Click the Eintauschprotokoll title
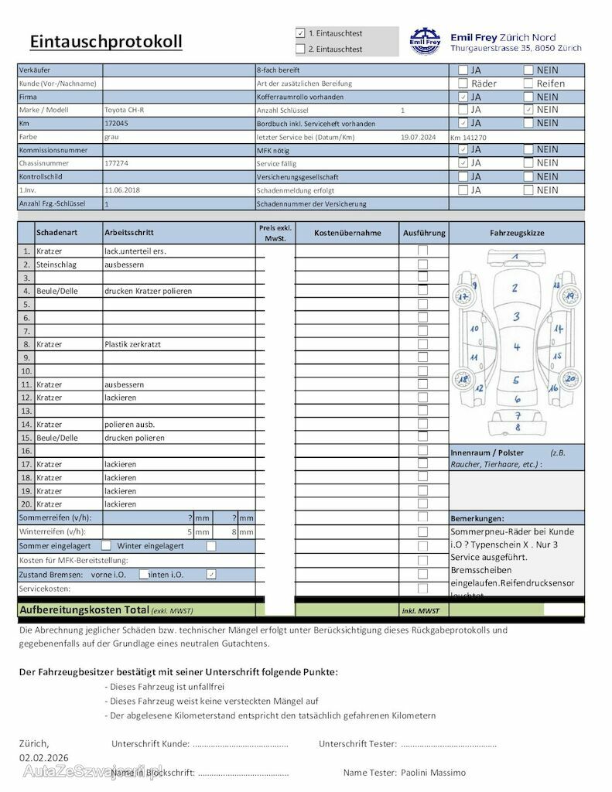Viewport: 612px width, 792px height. pos(106,41)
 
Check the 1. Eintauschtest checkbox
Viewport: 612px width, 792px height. pos(300,33)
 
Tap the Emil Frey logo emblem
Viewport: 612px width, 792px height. pos(424,40)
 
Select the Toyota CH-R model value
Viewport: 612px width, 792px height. pos(124,110)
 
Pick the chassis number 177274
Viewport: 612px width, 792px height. pos(116,163)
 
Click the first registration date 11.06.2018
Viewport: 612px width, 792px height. pos(121,190)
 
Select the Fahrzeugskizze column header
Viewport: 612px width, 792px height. pos(517,232)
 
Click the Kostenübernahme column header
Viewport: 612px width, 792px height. pos(347,232)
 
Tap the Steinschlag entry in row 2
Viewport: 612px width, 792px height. pos(53,265)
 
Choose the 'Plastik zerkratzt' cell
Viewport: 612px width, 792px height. pos(132,344)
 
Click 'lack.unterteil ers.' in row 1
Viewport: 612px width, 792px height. pos(135,251)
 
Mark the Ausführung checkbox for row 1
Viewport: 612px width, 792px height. pos(422,251)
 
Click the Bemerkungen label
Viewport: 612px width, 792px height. pos(477,518)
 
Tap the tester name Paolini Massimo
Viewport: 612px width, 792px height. pos(433,773)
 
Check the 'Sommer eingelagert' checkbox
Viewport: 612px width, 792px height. pos(107,546)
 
